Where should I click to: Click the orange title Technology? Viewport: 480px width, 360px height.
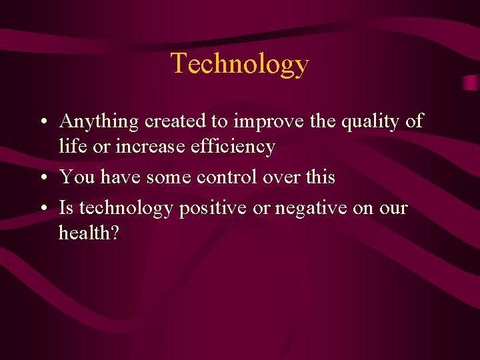[x=240, y=64]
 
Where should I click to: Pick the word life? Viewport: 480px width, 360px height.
[x=69, y=146]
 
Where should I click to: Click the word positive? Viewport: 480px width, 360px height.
[x=212, y=209]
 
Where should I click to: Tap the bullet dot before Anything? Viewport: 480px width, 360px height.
[x=42, y=123]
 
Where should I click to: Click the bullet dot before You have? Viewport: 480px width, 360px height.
[x=42, y=179]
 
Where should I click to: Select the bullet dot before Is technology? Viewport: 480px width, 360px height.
[x=42, y=209]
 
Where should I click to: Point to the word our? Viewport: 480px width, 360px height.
[x=393, y=209]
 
